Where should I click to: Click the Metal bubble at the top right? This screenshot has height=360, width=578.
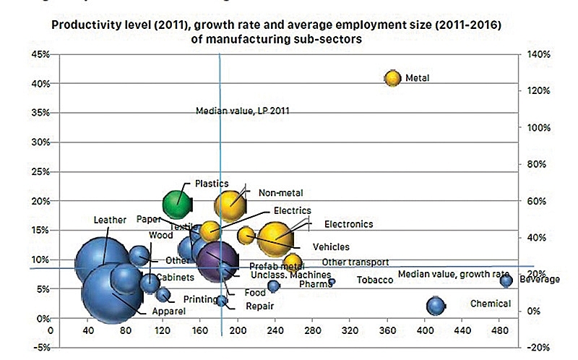click(392, 78)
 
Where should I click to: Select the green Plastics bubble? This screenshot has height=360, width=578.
click(176, 204)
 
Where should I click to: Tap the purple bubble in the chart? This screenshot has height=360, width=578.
click(217, 260)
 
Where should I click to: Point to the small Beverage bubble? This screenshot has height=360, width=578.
click(506, 280)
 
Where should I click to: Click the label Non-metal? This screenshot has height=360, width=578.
click(280, 193)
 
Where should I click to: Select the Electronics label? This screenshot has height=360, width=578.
click(348, 224)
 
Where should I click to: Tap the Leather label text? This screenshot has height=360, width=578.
click(110, 220)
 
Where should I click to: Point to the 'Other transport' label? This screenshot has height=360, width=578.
click(355, 262)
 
